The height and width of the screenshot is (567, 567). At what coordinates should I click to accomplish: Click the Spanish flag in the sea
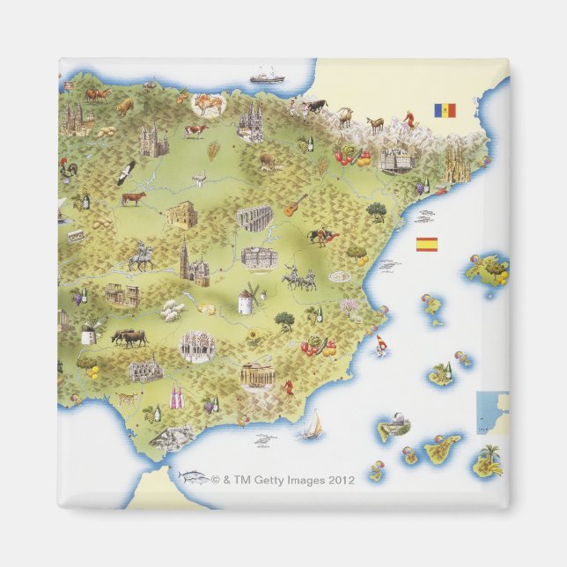point(426,244)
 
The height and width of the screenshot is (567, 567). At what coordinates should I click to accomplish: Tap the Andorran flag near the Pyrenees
point(444,110)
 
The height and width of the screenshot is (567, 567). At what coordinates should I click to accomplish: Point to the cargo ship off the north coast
point(266,77)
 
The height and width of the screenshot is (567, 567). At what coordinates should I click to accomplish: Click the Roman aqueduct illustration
point(254,217)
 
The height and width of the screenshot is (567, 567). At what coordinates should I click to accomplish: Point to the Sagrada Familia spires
point(457,164)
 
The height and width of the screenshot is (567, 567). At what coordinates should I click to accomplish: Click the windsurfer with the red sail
point(381,343)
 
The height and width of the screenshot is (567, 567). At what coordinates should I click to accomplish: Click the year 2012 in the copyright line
point(341,480)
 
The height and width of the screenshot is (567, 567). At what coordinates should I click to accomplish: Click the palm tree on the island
point(490,455)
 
